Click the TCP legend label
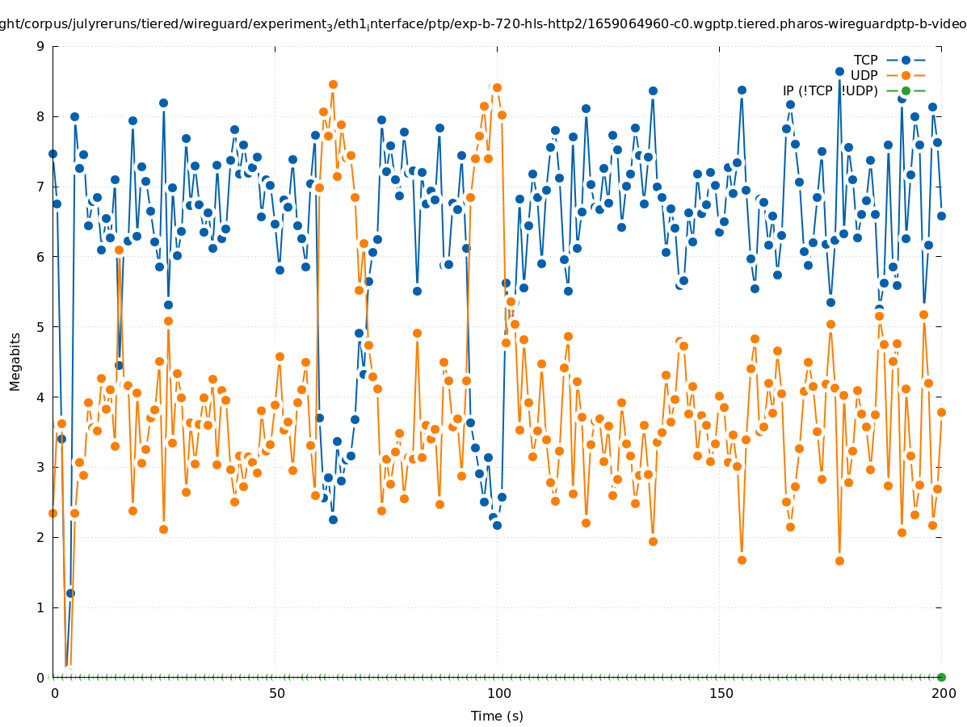[x=865, y=60]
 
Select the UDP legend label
[x=864, y=75]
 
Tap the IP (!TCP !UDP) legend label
[x=830, y=90]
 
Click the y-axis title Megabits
[x=15, y=361]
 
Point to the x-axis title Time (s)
[x=497, y=716]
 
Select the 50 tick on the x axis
[x=276, y=693]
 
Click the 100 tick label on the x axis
[x=498, y=693]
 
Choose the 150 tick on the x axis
[x=721, y=693]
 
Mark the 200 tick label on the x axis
[x=943, y=693]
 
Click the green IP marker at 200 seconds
[x=941, y=677]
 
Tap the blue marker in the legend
[x=906, y=60]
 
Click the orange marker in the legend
[x=906, y=75]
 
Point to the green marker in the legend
[x=906, y=90]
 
